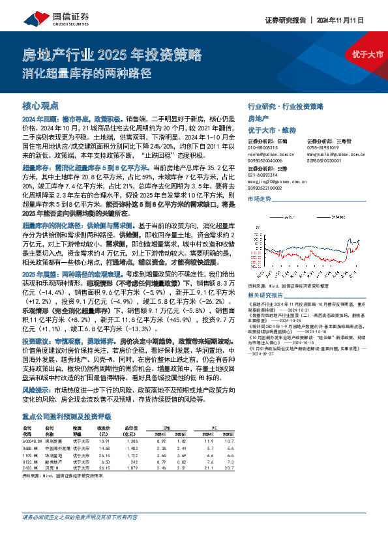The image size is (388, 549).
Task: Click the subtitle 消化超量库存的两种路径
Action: tap(97, 72)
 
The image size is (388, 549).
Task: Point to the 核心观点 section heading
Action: tap(40, 104)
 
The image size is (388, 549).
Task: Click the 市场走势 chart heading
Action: tap(259, 200)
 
